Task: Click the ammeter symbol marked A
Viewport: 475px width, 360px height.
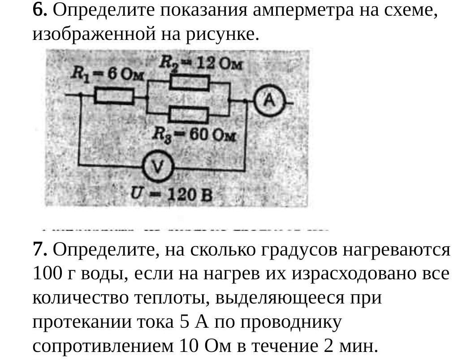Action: (269, 102)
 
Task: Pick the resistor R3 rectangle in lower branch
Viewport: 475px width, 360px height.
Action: (189, 115)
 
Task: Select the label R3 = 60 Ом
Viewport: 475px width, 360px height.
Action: (194, 134)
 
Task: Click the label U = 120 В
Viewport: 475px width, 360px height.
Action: (170, 195)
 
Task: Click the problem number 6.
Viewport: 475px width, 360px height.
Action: (39, 10)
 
